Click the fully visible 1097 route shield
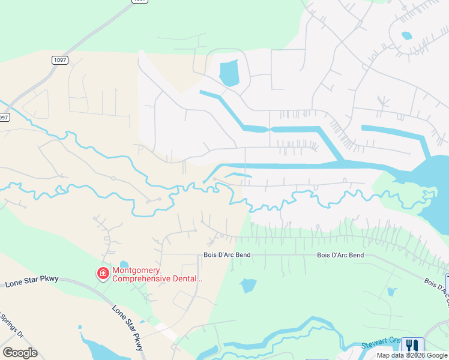[59, 60]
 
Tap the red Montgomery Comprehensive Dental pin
[103, 274]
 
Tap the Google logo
[20, 353]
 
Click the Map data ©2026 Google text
[412, 355]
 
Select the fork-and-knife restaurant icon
[412, 346]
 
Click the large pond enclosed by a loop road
[229, 73]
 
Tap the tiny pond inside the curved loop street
[406, 35]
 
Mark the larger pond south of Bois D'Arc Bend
[249, 286]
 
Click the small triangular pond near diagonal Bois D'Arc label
[392, 292]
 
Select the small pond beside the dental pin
[124, 264]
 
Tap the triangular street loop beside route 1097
[35, 104]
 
